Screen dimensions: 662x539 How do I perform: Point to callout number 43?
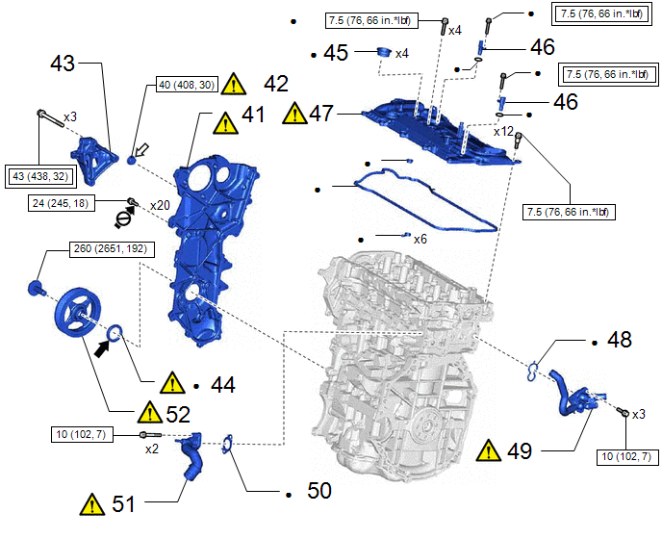(x=63, y=64)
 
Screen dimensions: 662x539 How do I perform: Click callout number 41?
(x=253, y=115)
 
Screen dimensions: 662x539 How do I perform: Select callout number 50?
(x=319, y=491)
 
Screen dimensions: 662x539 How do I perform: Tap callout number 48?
(x=620, y=340)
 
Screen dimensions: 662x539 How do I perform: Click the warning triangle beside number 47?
(x=295, y=113)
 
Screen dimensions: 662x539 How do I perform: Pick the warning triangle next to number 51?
(x=92, y=504)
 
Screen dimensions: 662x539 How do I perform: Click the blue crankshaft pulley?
(x=77, y=313)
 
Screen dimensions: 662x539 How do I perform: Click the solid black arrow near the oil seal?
(x=103, y=348)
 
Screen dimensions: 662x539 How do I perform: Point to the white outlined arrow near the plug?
(x=141, y=150)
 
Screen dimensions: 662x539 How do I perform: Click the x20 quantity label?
(x=160, y=205)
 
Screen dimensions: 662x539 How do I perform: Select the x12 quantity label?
(x=503, y=132)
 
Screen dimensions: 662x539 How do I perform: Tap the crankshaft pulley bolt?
(x=36, y=289)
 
